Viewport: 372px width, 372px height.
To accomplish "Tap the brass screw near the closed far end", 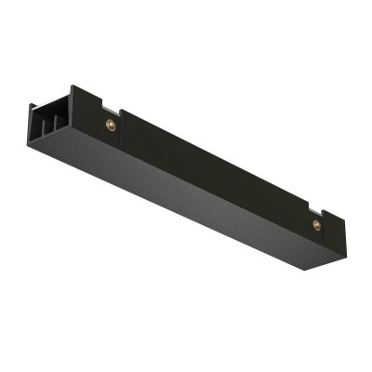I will coord(317,224).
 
